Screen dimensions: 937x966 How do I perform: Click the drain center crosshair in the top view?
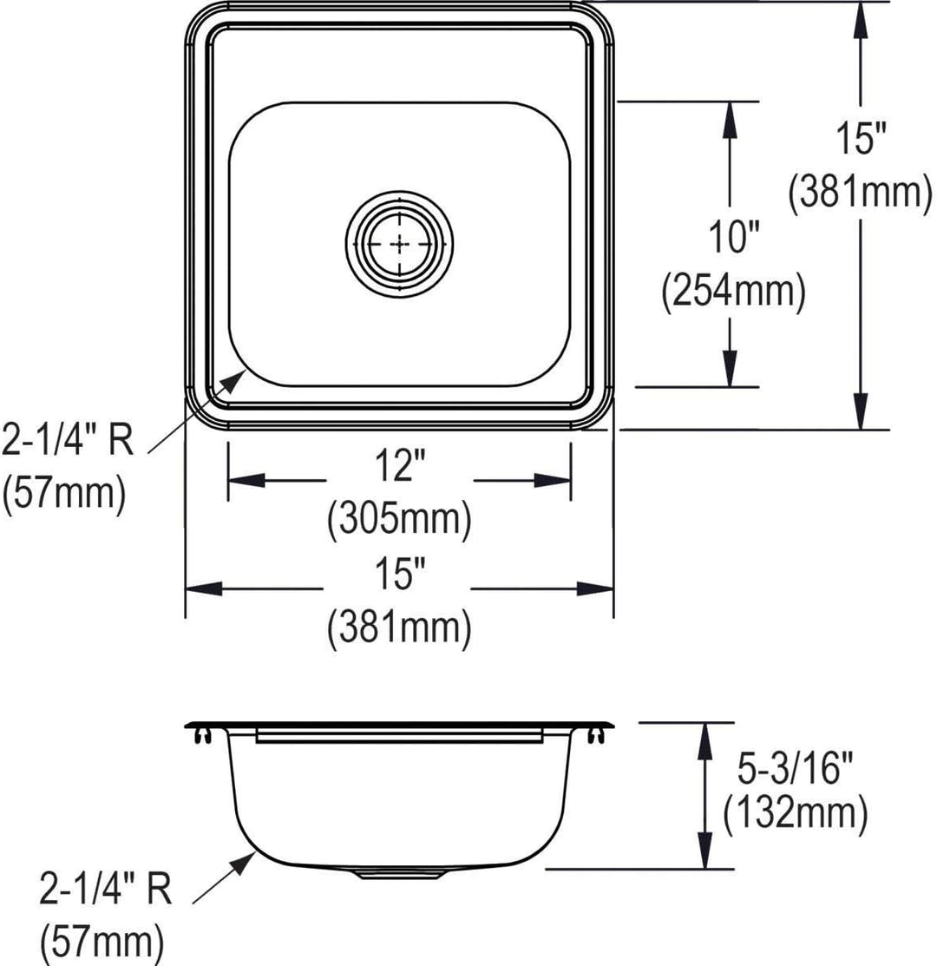(400, 244)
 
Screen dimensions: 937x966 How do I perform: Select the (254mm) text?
(733, 292)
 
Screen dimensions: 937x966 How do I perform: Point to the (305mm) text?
(400, 519)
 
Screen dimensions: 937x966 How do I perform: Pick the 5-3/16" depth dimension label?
(795, 769)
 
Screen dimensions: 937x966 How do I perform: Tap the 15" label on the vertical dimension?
(861, 137)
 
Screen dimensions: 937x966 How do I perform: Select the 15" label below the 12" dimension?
(400, 574)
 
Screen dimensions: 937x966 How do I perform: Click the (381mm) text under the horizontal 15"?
(400, 628)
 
